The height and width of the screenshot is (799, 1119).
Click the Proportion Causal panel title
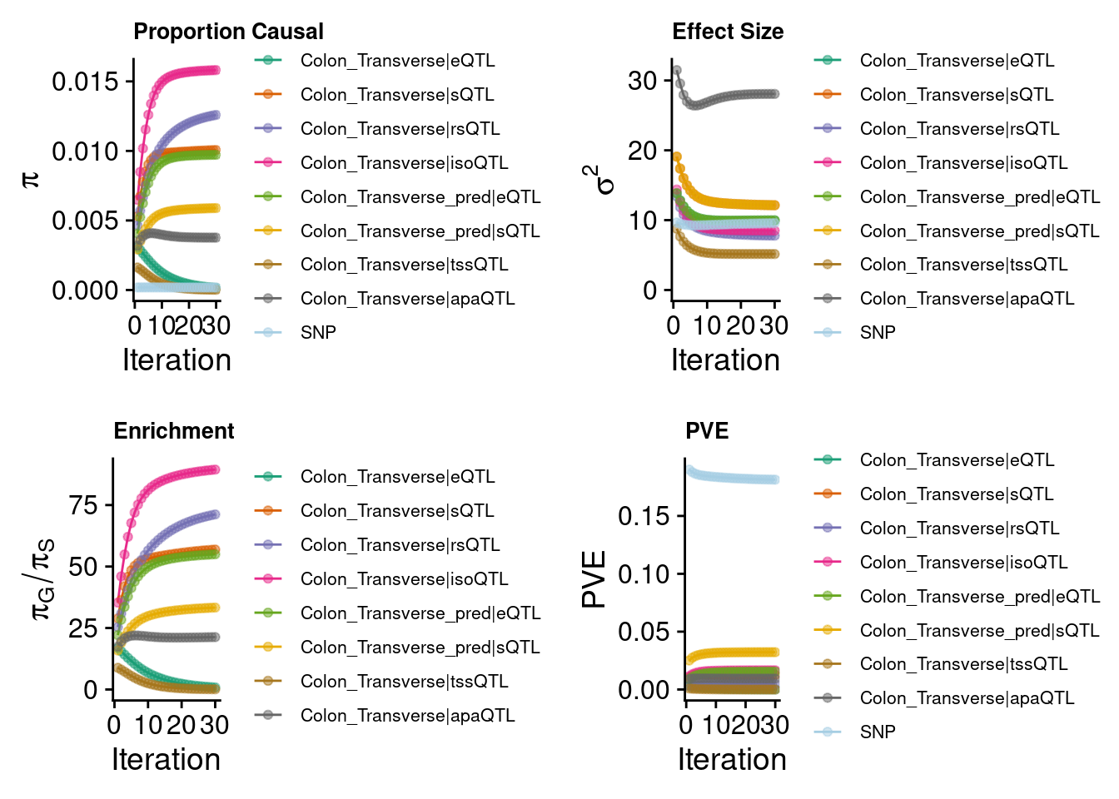(228, 32)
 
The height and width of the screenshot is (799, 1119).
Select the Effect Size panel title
(728, 32)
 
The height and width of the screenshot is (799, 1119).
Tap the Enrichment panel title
(174, 431)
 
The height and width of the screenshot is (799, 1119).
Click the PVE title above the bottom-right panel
(707, 431)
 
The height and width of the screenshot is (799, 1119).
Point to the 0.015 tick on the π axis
(86, 82)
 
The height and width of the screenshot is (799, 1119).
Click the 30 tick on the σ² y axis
(643, 81)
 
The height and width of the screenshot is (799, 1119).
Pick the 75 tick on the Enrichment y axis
(83, 505)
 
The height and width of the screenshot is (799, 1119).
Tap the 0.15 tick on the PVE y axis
(644, 516)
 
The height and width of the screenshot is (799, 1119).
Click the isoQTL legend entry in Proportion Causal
(381, 163)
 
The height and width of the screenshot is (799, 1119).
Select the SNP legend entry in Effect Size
(855, 332)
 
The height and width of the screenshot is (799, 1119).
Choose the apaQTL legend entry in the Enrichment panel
(384, 716)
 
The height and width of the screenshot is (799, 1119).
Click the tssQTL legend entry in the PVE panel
(941, 664)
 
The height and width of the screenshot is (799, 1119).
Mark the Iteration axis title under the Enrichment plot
(166, 760)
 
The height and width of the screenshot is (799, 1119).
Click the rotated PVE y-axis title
(594, 579)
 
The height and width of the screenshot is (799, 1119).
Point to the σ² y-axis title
(599, 181)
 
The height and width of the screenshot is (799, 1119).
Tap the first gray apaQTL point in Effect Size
(677, 71)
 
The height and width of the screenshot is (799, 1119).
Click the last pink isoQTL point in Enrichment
(216, 469)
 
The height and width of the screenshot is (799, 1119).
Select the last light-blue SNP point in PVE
(775, 479)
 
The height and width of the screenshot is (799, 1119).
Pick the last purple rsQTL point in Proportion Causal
(216, 115)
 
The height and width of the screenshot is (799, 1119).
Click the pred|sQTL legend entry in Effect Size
(957, 231)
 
